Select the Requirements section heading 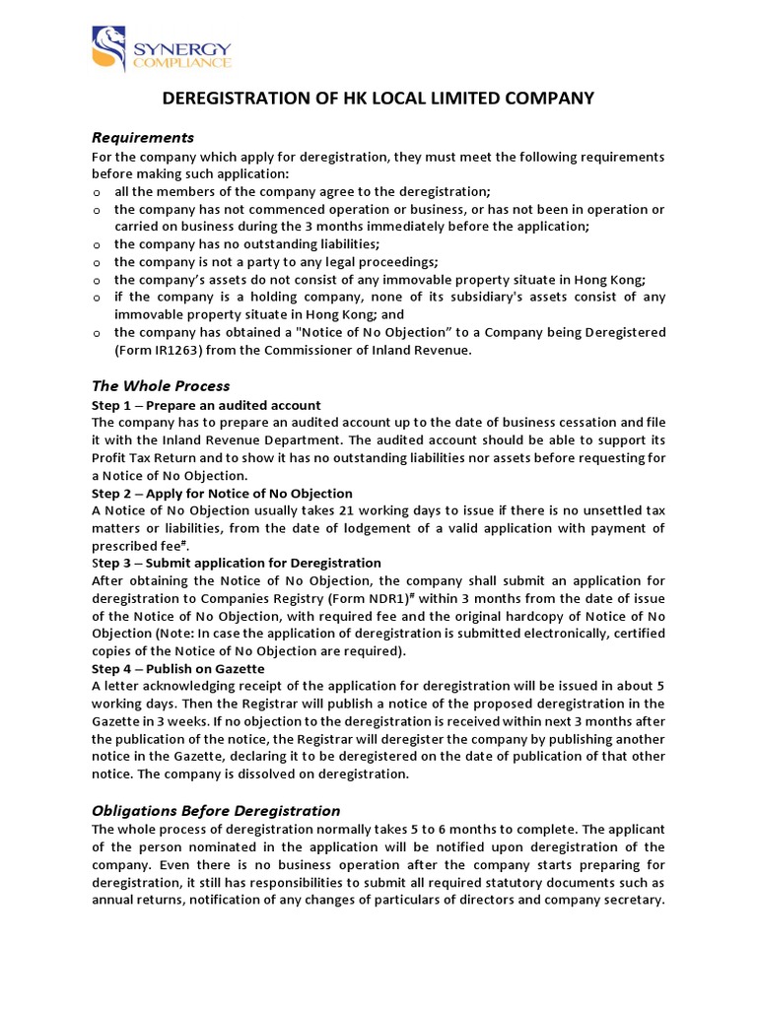pyautogui.click(x=143, y=137)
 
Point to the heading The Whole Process pyautogui.click(x=161, y=385)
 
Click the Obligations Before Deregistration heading pyautogui.click(x=216, y=810)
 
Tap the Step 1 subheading pyautogui.click(x=206, y=405)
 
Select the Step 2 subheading pyautogui.click(x=222, y=493)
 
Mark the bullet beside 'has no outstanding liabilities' pyautogui.click(x=97, y=244)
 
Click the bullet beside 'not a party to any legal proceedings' pyautogui.click(x=97, y=262)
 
